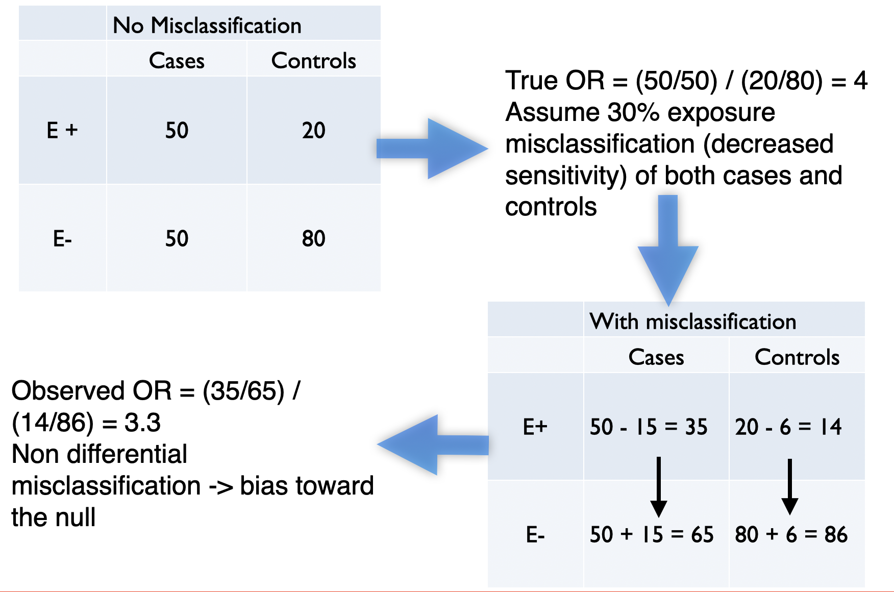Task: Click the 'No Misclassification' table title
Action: [207, 25]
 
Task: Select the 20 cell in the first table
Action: [313, 130]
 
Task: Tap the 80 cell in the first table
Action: [313, 238]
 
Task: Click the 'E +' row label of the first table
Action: [62, 130]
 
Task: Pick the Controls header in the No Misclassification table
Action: [313, 60]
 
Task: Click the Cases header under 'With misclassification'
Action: [656, 357]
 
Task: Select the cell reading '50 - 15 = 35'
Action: [649, 427]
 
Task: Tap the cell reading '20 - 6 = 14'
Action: [788, 427]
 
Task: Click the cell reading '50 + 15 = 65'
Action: [652, 534]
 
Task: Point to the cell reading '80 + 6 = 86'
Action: [791, 534]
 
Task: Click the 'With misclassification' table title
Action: [692, 322]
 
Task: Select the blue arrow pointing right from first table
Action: [432, 149]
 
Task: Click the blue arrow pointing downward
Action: [668, 250]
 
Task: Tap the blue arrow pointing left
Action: [433, 445]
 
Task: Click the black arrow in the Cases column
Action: [659, 487]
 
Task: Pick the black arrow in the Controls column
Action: [790, 487]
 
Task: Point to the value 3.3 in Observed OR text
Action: [142, 423]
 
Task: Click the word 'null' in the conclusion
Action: [77, 517]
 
